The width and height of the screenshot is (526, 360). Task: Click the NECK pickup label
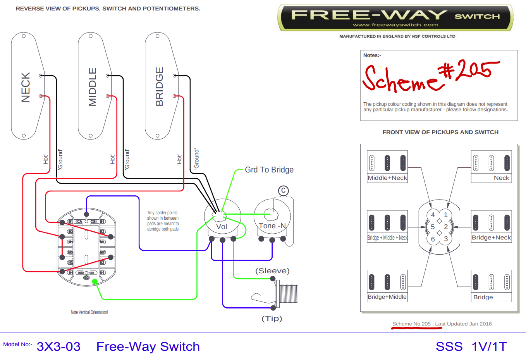26,87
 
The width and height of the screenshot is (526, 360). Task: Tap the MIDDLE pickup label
92,87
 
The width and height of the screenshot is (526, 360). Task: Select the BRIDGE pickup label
159,86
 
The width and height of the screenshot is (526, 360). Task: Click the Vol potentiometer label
222,227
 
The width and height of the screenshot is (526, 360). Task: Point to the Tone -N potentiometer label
272,226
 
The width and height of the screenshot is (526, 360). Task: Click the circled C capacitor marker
284,191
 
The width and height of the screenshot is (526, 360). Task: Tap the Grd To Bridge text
269,170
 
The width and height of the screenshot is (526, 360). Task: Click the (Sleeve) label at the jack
272,271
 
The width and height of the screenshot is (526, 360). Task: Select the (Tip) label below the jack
272,319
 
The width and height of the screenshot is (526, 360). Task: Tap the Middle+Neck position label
387,178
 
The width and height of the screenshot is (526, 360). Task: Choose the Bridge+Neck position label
491,238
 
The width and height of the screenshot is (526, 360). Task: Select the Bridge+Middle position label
387,297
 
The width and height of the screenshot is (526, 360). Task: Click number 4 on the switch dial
433,215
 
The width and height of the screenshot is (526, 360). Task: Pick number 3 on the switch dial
446,239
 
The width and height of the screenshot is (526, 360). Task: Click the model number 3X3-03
58,346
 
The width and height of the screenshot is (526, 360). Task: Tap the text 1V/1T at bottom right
489,346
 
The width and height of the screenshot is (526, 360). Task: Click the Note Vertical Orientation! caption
89,312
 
